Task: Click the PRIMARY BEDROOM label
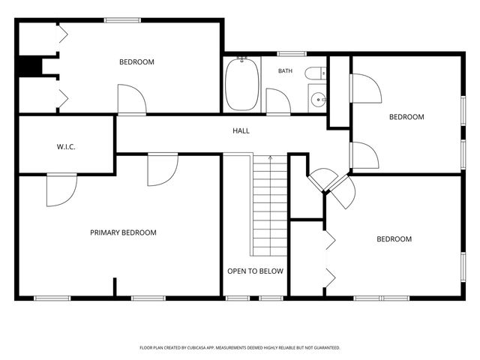click(123, 232)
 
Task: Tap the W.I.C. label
click(66, 147)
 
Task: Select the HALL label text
click(241, 131)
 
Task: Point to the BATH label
click(285, 71)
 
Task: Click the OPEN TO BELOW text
click(255, 271)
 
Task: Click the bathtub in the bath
click(241, 84)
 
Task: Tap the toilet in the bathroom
click(315, 73)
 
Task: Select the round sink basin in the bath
click(318, 100)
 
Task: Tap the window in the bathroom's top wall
click(292, 54)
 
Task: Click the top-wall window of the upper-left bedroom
click(122, 20)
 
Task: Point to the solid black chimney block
click(30, 65)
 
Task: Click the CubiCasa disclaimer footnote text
click(240, 348)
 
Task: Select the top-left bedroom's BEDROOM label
click(136, 62)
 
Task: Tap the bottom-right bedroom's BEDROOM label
click(394, 239)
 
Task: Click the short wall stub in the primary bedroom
click(115, 286)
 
